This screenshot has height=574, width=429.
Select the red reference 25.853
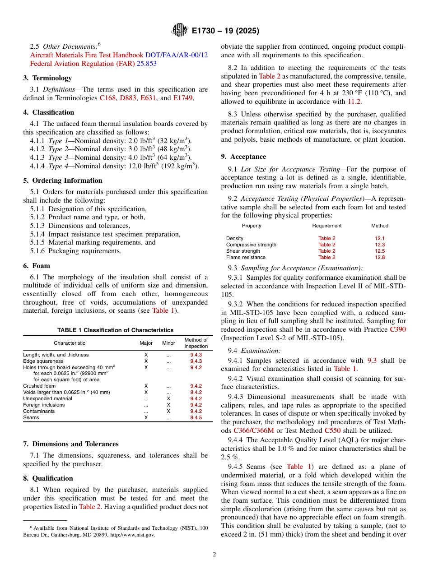(147, 64)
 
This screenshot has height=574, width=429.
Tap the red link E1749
(183, 98)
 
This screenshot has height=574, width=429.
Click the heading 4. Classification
(49, 112)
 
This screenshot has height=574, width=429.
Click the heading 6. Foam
(37, 266)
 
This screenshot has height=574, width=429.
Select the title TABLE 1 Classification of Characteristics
(115, 330)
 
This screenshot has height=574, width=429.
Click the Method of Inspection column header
(196, 343)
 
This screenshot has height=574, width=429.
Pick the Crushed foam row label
(39, 386)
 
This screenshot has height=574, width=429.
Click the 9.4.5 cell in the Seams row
(196, 417)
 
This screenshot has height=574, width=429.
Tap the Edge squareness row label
(43, 361)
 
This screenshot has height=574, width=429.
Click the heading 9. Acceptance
(243, 157)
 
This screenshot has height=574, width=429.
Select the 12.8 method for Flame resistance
(379, 257)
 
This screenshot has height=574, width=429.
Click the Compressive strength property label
(251, 245)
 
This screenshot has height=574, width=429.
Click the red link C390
(398, 329)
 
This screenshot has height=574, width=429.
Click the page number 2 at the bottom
(214, 555)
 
